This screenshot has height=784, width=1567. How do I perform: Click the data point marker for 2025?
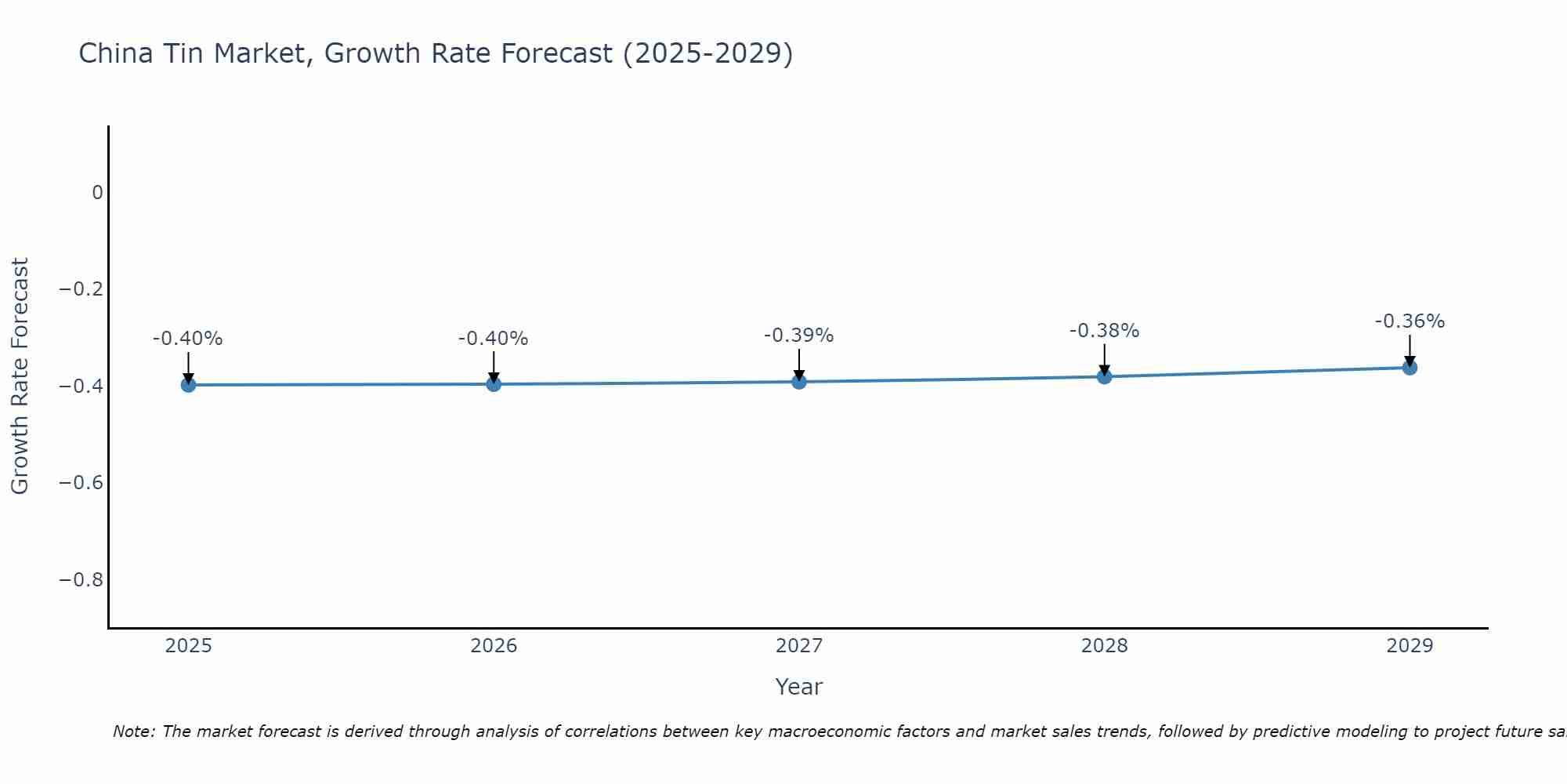pyautogui.click(x=188, y=385)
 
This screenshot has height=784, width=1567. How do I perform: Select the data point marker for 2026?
pyautogui.click(x=494, y=384)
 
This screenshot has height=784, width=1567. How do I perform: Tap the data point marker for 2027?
pyautogui.click(x=799, y=382)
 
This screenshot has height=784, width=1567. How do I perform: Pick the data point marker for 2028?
pyautogui.click(x=1105, y=376)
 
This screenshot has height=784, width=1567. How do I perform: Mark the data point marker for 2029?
pyautogui.click(x=1410, y=368)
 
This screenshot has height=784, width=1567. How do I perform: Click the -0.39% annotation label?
pyautogui.click(x=798, y=336)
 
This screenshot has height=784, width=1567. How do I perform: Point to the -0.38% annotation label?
pyautogui.click(x=1104, y=331)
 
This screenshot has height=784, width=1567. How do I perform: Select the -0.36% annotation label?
pyautogui.click(x=1410, y=321)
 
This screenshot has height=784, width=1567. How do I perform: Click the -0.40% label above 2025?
pyautogui.click(x=187, y=339)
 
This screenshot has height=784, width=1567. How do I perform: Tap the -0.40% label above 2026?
pyautogui.click(x=493, y=339)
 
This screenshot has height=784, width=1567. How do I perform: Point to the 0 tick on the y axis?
pyautogui.click(x=97, y=193)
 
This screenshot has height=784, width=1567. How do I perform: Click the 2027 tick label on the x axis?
pyautogui.click(x=799, y=646)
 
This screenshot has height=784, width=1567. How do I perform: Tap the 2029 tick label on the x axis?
pyautogui.click(x=1410, y=646)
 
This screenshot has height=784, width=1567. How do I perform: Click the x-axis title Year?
pyautogui.click(x=798, y=687)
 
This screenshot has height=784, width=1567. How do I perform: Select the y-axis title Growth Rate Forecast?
pyautogui.click(x=20, y=376)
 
